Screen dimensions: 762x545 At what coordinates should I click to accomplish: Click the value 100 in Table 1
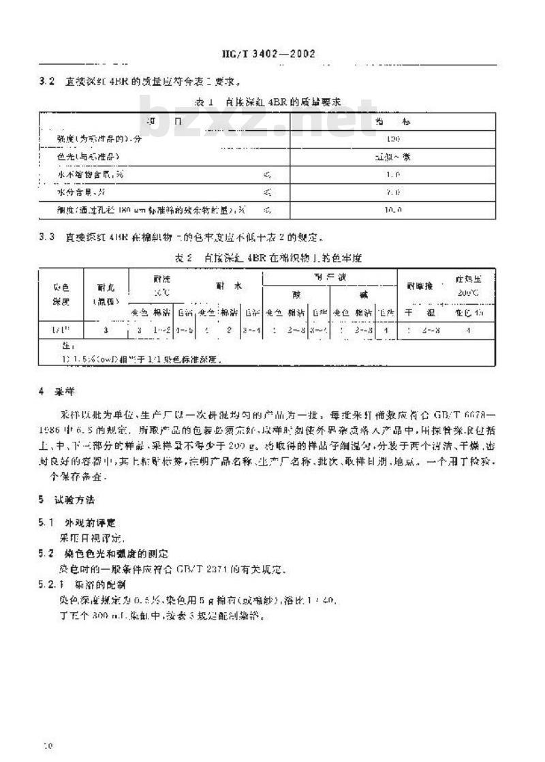[x=392, y=138]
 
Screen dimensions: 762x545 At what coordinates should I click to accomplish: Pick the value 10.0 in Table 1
[x=393, y=210]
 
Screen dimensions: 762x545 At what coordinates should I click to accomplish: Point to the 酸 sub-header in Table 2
[x=296, y=294]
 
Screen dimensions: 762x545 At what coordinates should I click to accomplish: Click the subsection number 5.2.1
[x=49, y=585]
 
